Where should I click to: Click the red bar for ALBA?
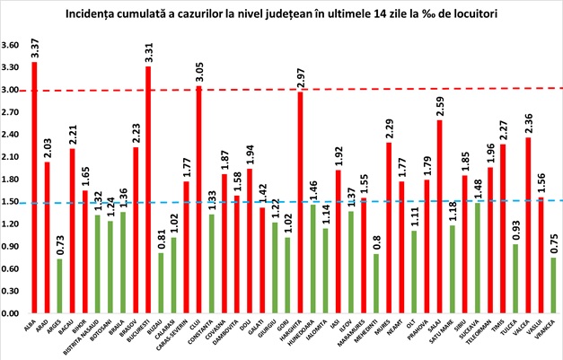[34, 189]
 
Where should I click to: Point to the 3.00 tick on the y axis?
[11, 91]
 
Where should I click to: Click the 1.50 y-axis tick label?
[11, 202]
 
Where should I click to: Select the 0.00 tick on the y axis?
[11, 314]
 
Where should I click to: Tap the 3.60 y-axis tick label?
[11, 46]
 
